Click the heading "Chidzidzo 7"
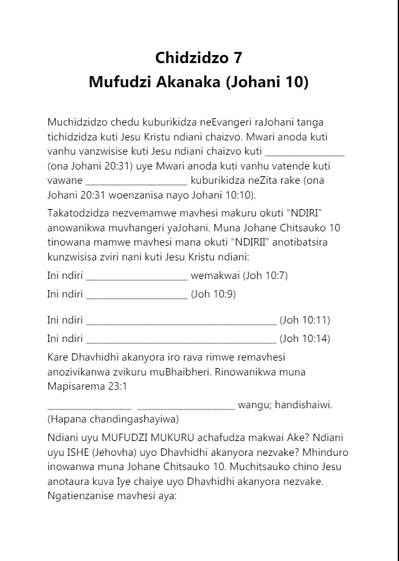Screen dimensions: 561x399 (x=198, y=58)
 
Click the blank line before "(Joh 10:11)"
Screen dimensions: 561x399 (x=181, y=322)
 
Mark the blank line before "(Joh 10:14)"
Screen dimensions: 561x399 (x=181, y=341)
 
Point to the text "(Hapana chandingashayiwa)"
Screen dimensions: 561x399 (x=113, y=419)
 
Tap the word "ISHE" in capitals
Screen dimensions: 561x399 (x=81, y=452)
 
